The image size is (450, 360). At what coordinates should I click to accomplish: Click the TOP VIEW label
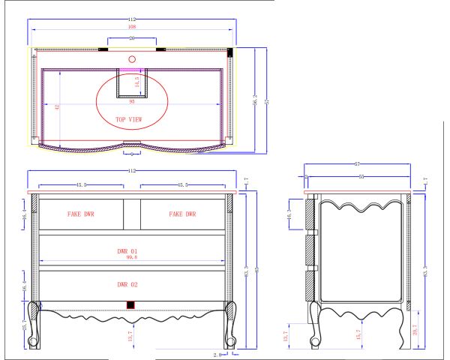coord(128,119)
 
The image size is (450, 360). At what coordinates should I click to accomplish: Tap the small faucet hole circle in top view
coord(132,58)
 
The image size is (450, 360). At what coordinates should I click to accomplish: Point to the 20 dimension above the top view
coord(132,37)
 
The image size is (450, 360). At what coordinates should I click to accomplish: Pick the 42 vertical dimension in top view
coord(58,107)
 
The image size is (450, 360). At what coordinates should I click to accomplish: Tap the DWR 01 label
coord(128,251)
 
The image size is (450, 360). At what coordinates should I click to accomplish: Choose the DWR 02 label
coord(128,285)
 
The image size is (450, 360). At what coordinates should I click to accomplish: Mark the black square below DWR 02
coord(130,304)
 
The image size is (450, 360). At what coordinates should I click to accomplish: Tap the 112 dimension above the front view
coord(132,171)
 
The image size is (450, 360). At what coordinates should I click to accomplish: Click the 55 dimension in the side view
coord(361,177)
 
